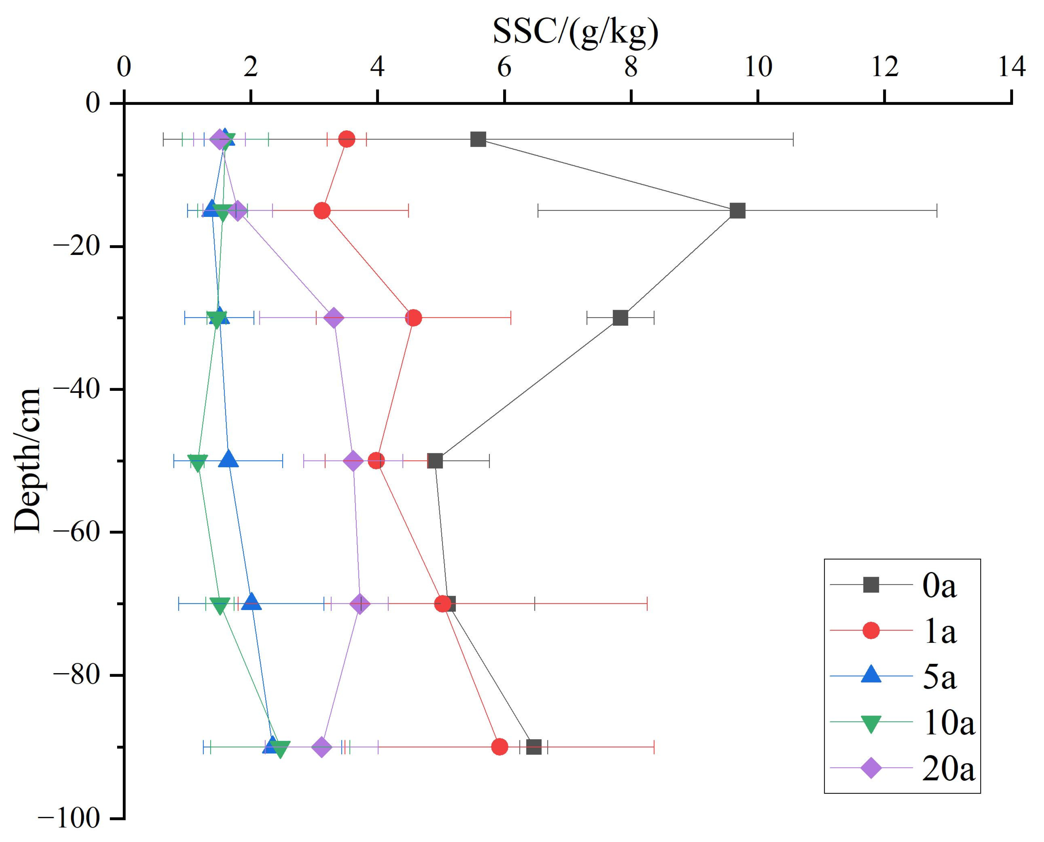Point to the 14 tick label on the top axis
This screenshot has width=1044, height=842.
pos(1011,67)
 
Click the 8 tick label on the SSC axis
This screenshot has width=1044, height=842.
pos(631,67)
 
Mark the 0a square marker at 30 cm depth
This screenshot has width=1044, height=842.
pos(620,318)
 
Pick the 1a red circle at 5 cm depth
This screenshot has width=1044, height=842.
pos(347,139)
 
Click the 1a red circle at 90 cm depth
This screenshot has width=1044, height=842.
pos(499,747)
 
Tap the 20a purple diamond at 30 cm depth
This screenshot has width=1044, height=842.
pos(334,318)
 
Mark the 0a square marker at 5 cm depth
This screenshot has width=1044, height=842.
pos(478,139)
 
